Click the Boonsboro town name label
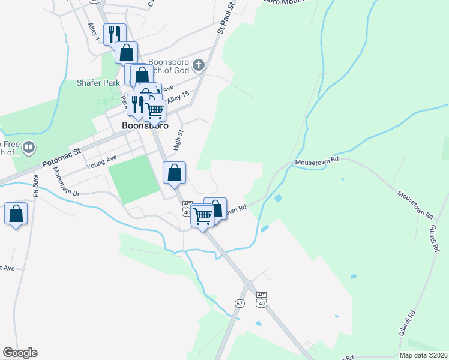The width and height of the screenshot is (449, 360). click(x=145, y=126)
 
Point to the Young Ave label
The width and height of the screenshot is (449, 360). click(x=101, y=161)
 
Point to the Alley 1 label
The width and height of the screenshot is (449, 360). click(x=93, y=31)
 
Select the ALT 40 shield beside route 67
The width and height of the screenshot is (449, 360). click(x=261, y=300)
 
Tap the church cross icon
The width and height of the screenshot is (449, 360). click(x=200, y=64)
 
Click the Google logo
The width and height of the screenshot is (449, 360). click(x=20, y=353)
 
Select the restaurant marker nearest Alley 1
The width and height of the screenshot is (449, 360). click(x=112, y=34)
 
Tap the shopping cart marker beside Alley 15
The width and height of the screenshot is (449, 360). click(x=155, y=110)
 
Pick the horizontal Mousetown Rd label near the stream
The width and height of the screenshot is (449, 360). click(x=316, y=161)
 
